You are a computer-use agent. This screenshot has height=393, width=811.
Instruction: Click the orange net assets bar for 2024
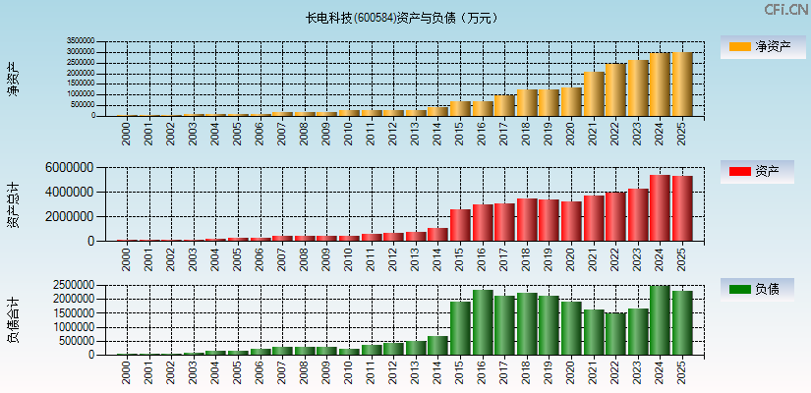tap(660, 84)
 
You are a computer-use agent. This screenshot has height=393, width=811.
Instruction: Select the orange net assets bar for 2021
tap(594, 94)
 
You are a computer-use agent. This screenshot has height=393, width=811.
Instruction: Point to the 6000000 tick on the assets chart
tap(71, 168)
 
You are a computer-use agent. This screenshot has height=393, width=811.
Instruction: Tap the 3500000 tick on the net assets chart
tap(81, 42)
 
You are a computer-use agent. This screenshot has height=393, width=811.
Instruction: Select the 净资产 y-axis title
tap(13, 79)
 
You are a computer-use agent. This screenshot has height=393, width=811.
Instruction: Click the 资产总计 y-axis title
tap(13, 204)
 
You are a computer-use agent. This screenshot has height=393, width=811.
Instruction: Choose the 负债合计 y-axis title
tap(13, 320)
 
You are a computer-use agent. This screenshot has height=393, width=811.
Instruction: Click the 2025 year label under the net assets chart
tap(681, 132)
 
